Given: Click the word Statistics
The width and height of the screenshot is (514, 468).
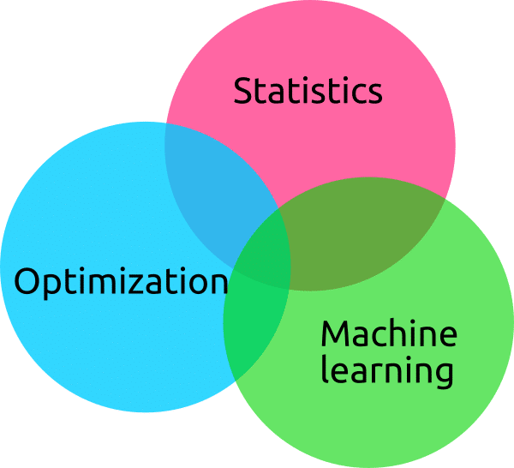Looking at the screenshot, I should click(308, 91).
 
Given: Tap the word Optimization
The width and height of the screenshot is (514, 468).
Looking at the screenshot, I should click(121, 282).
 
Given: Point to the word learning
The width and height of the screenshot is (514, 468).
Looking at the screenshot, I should click(386, 372).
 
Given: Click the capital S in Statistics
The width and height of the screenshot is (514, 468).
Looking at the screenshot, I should click(244, 91).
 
